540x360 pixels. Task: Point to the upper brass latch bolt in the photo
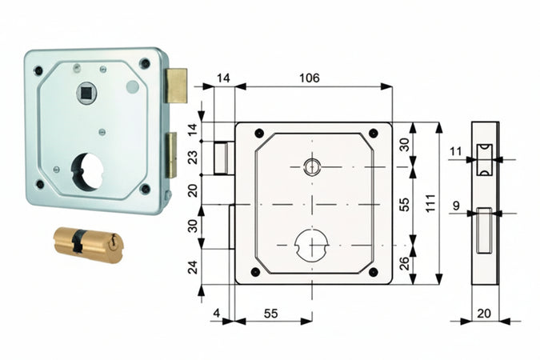coord(176,86)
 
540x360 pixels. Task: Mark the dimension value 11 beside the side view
coord(455,151)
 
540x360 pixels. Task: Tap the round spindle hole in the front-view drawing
coord(311,166)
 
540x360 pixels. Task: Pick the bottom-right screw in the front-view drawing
coord(372,272)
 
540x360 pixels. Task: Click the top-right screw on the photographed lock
coord(144,64)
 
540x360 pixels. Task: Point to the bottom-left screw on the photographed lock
coord(40,184)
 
